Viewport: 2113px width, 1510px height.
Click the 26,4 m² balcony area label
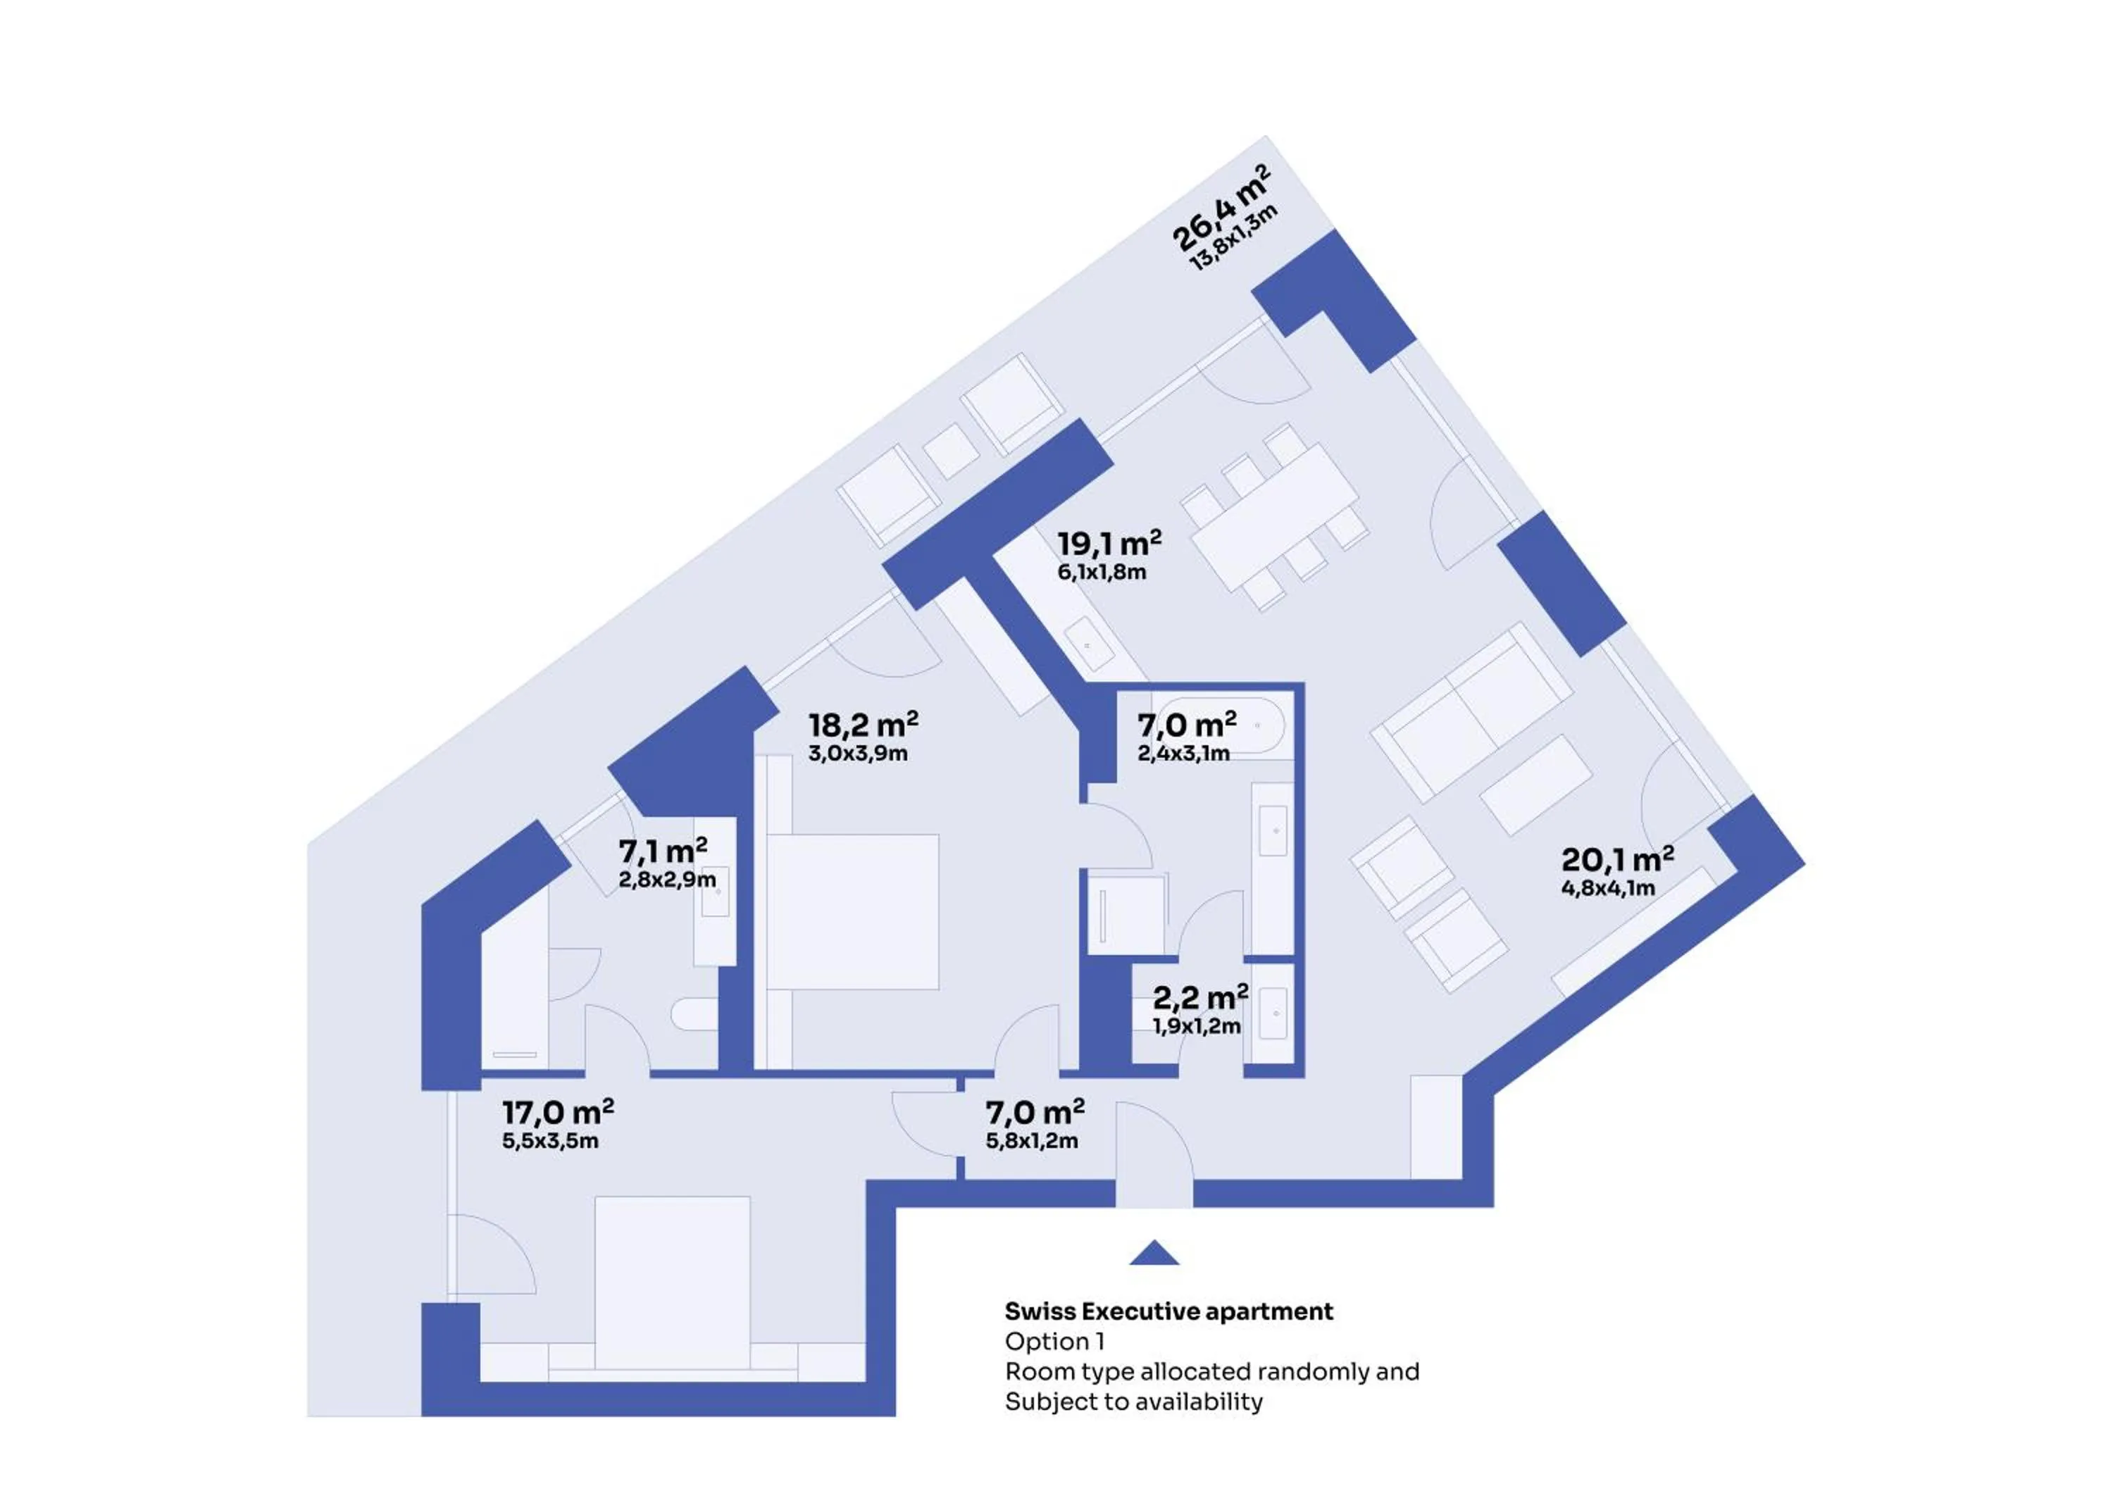[x=1218, y=207]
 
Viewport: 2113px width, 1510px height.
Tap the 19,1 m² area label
[x=1108, y=542]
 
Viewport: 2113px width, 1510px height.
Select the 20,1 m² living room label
[x=1616, y=859]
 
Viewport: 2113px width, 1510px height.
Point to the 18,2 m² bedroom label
[x=863, y=724]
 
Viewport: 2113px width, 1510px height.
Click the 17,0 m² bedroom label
[x=558, y=1112]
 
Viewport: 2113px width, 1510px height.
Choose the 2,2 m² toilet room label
[x=1199, y=998]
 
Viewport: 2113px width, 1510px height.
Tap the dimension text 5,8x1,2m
[x=1032, y=1141]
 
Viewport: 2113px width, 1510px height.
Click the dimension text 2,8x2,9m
[x=666, y=880]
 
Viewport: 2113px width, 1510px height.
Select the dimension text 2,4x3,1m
[x=1183, y=753]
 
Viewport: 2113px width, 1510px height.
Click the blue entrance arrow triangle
[x=1154, y=1254]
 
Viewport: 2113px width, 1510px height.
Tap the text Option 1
[x=1054, y=1342]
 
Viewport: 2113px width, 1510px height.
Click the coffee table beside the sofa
[x=1535, y=785]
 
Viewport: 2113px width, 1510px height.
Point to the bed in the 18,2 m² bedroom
[x=852, y=911]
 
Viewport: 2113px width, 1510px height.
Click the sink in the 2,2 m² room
[x=1273, y=1014]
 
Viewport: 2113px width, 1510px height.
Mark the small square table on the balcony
[x=950, y=451]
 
